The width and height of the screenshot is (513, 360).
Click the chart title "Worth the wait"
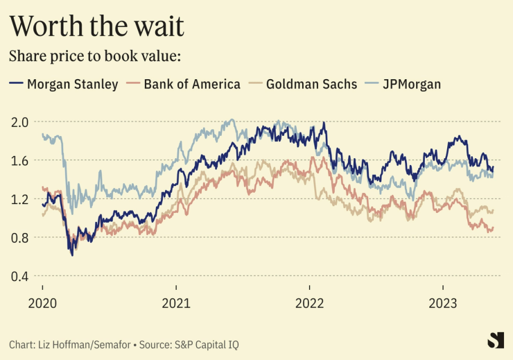coord(96,26)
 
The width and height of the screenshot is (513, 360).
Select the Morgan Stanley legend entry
coord(72,84)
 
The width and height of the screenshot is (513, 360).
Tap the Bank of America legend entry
coord(192,84)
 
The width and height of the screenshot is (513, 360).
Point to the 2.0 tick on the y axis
coord(19,122)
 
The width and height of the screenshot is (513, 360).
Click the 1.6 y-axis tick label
coord(19,161)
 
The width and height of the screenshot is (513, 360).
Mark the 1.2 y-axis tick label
coord(19,200)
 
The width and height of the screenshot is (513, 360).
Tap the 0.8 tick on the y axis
coord(19,238)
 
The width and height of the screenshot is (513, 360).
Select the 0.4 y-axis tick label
coord(19,277)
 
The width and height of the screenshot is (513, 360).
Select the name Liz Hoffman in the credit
coord(63,344)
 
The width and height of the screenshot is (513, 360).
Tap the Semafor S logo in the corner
coord(495,340)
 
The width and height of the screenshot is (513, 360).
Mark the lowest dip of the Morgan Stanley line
coord(72,255)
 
